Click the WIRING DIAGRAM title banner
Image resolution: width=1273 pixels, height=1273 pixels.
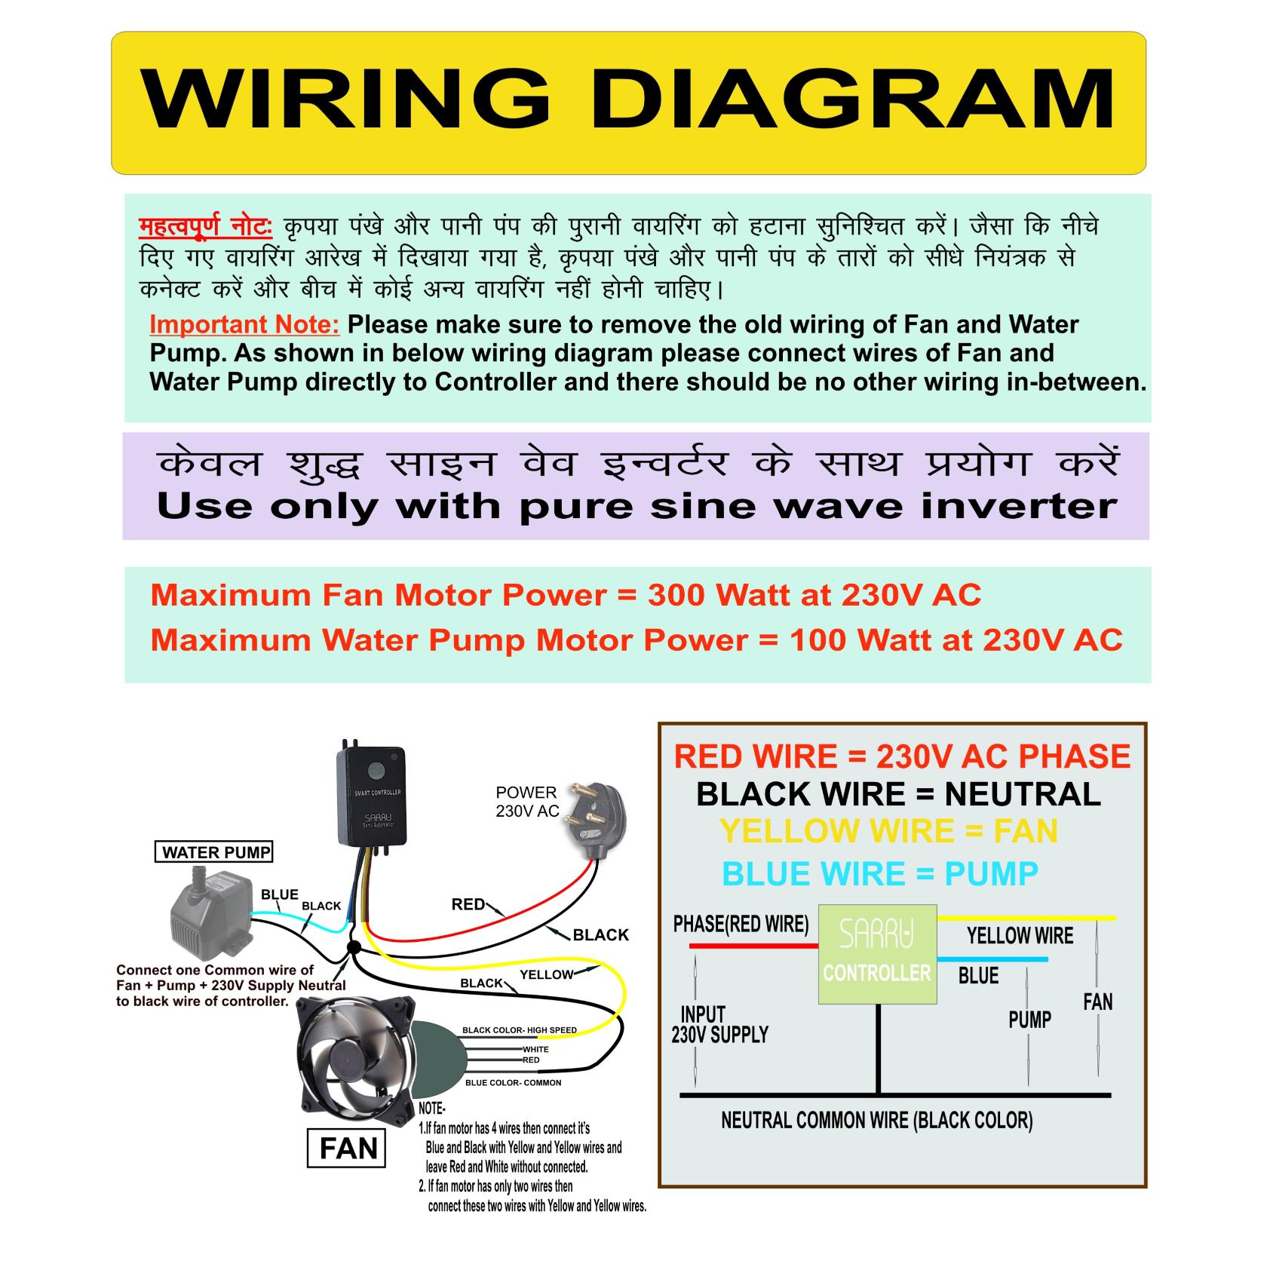(x=628, y=103)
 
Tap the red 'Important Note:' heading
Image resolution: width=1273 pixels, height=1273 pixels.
(x=244, y=324)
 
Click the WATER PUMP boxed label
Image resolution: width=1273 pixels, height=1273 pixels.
(x=216, y=852)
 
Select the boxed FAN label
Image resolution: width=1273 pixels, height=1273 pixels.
(x=348, y=1149)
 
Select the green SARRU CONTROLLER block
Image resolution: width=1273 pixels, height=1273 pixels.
(x=877, y=954)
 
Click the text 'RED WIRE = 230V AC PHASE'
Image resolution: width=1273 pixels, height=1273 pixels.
(x=902, y=756)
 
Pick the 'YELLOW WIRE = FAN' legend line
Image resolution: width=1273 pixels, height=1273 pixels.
(x=888, y=831)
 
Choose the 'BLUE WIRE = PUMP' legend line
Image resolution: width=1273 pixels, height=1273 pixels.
(x=879, y=874)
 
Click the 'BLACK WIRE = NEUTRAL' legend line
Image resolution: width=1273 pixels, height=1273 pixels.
(x=897, y=794)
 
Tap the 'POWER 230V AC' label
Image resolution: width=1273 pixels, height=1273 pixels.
(x=526, y=802)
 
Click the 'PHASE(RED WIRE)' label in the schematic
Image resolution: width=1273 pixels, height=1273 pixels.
(x=741, y=924)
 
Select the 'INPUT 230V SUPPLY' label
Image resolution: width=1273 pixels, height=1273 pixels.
(x=719, y=1024)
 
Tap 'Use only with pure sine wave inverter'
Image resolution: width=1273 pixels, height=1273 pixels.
(x=636, y=506)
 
